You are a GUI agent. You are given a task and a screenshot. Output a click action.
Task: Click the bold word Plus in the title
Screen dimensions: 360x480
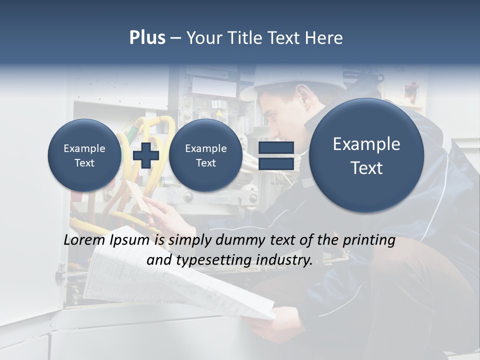147,38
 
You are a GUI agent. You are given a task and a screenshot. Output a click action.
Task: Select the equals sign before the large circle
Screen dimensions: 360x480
276,155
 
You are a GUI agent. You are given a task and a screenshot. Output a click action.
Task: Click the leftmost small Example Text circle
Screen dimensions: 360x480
84,155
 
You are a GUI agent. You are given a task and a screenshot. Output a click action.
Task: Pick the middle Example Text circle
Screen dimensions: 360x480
205,155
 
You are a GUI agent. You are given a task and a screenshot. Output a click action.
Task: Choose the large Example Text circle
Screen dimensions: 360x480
366,155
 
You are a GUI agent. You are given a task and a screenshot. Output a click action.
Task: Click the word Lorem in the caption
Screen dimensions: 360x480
84,240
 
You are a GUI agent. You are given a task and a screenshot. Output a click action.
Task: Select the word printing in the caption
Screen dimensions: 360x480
368,240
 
